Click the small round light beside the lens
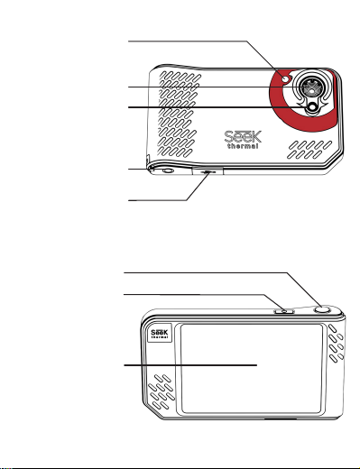tap(285, 79)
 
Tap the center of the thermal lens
tap(310, 87)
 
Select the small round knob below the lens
tap(313, 107)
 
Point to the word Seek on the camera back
tap(243, 137)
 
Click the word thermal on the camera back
tap(243, 146)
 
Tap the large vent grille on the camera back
tap(179, 114)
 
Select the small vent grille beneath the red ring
tap(309, 150)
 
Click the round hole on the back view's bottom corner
tap(168, 170)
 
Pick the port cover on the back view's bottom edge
tap(208, 171)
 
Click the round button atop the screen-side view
tap(322, 310)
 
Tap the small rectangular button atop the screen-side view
tap(284, 311)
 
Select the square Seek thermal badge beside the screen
tap(160, 333)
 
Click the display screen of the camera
tap(252, 369)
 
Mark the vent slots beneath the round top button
tap(336, 343)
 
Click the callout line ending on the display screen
tap(190, 365)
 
